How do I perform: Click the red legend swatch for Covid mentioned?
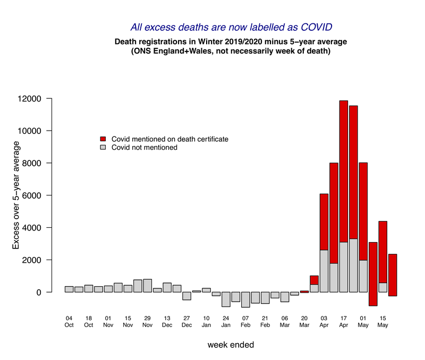point(104,139)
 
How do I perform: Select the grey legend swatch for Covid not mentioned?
point(104,148)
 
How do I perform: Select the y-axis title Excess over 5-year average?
point(16,195)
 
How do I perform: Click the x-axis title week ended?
point(231,345)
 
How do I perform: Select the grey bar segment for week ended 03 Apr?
point(324,271)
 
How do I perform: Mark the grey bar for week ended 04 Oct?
point(69,289)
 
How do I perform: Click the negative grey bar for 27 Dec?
point(186,296)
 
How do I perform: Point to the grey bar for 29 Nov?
point(147,286)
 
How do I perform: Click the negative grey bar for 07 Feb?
point(245,299)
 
